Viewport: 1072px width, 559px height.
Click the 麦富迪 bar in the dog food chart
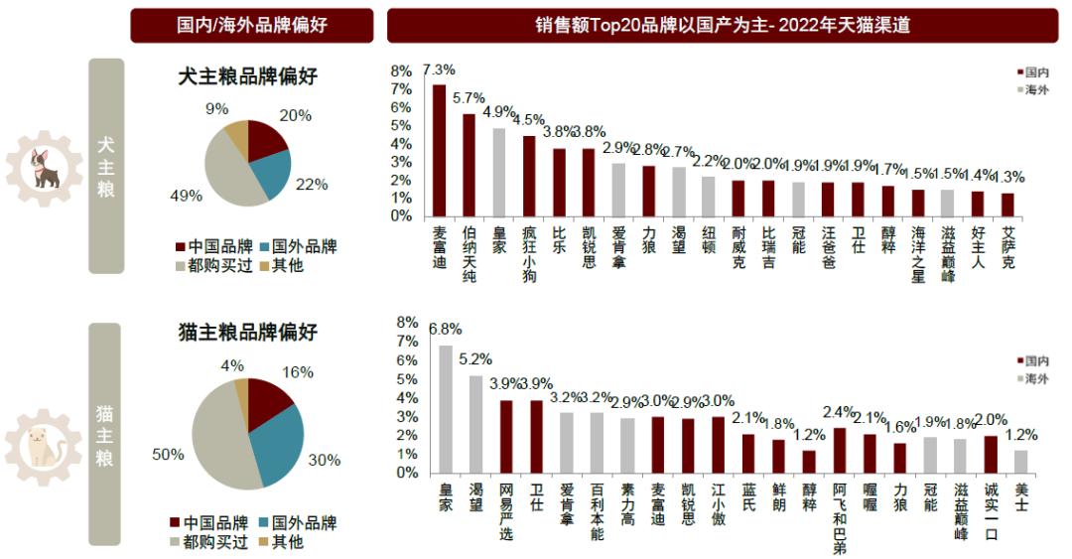coord(440,150)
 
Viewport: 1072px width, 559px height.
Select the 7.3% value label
coord(439,70)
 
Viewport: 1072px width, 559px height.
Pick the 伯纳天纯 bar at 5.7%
coord(469,165)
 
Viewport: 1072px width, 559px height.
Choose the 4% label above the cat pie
coord(232,365)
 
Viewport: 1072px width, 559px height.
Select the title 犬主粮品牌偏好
coord(248,76)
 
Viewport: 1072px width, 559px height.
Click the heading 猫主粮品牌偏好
coord(248,332)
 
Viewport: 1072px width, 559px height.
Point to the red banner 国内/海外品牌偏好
coord(252,25)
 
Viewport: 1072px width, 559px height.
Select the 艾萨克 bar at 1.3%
coord(1007,205)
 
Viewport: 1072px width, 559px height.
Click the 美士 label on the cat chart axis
coord(1020,496)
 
